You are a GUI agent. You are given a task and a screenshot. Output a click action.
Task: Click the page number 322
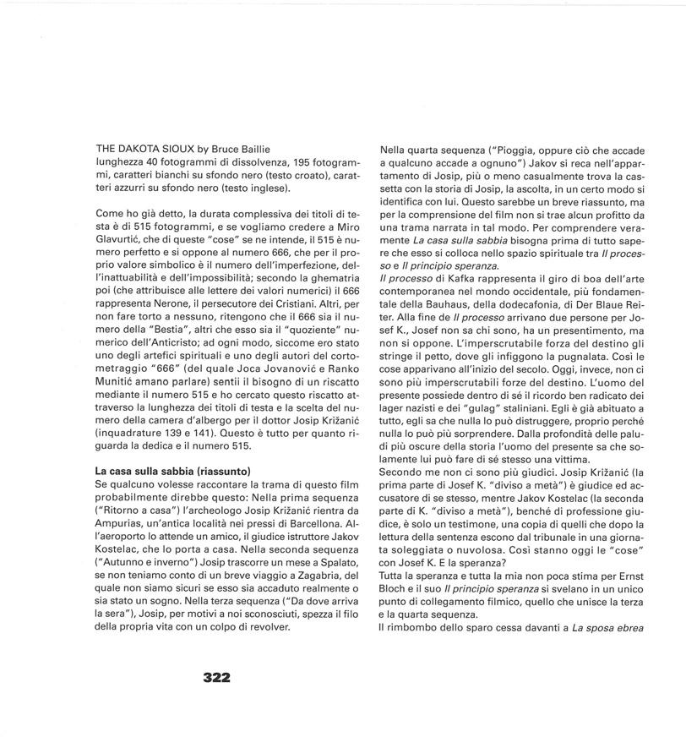(x=217, y=677)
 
